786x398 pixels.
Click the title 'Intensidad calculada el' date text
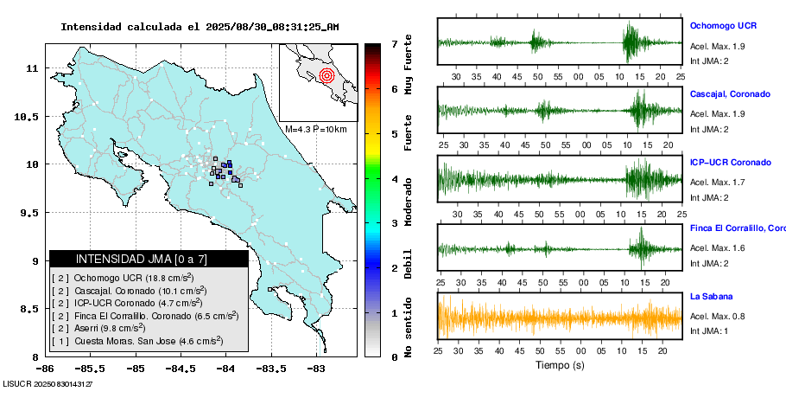199,27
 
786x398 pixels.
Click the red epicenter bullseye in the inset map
326,75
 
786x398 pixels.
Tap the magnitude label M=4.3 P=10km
315,129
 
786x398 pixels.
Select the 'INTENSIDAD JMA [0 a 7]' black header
149,259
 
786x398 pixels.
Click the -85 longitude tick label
135,368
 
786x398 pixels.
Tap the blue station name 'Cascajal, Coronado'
730,93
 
